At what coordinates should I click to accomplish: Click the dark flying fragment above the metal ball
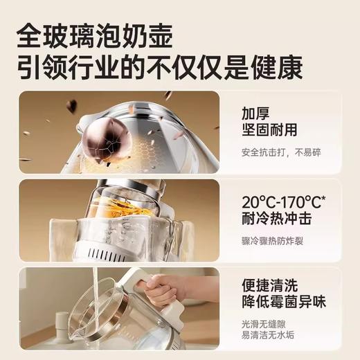[71, 106]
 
